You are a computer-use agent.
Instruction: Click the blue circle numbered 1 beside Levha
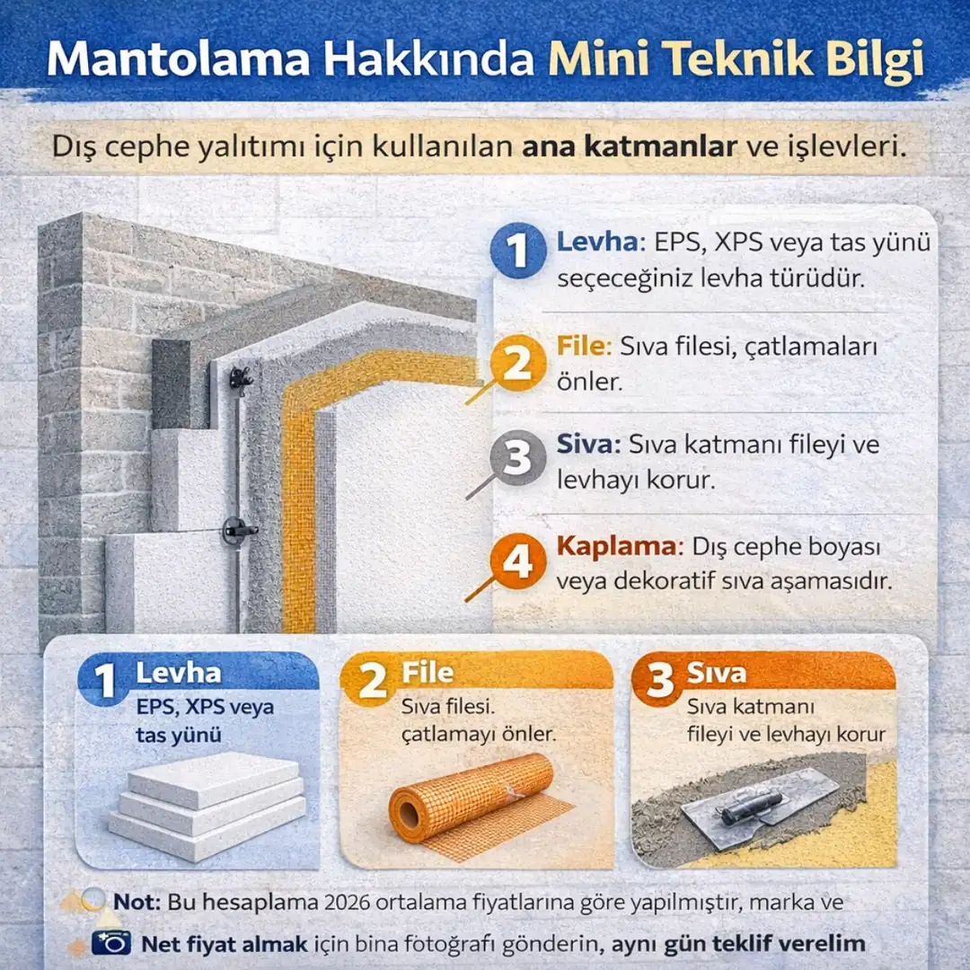click(x=518, y=252)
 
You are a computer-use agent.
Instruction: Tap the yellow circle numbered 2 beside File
click(x=518, y=365)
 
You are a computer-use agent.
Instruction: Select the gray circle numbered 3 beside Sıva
click(x=518, y=459)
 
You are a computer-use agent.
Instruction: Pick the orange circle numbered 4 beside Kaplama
click(x=518, y=564)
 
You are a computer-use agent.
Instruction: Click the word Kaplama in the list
click(x=620, y=546)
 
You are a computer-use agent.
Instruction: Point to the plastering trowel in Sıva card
click(x=759, y=805)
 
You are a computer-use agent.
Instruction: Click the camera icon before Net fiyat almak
click(x=110, y=943)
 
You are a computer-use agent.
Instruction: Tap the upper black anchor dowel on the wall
click(x=240, y=376)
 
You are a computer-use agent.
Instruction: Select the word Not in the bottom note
click(x=137, y=902)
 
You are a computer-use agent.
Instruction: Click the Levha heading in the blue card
click(x=178, y=673)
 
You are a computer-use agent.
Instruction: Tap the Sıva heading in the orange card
click(x=716, y=673)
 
